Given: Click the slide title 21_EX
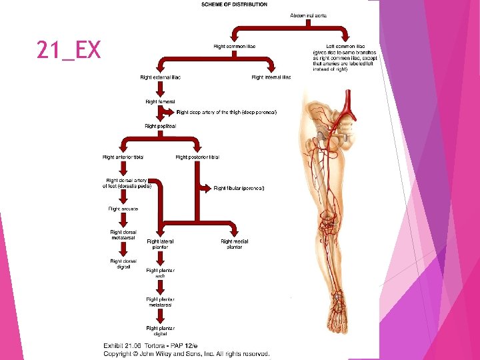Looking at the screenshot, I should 69,50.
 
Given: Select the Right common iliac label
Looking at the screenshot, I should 234,46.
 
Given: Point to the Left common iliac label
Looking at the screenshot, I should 345,46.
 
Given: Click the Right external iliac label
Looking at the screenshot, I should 161,77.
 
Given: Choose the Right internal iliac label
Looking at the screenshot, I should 271,77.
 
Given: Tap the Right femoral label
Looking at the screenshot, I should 161,101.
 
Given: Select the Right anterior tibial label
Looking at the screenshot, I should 123,157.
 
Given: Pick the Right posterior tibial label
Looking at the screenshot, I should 197,157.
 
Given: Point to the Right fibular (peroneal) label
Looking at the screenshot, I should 239,188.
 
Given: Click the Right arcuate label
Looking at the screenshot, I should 123,209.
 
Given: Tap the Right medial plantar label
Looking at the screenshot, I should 234,244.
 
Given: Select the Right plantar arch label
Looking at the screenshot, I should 160,273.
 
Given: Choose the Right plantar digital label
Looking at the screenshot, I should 161,331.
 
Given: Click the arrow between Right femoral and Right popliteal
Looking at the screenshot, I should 161,113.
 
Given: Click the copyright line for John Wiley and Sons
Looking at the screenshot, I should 186,353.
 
